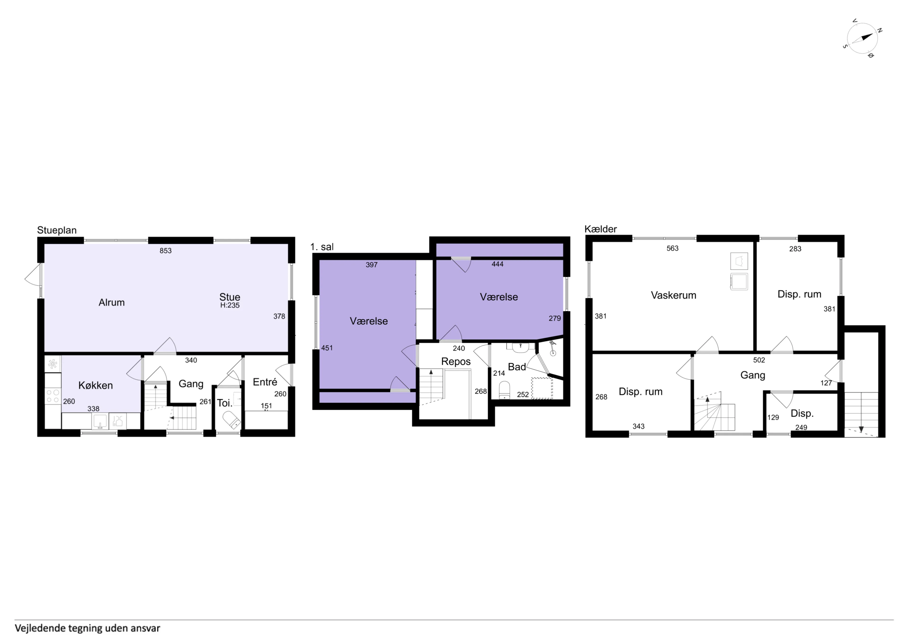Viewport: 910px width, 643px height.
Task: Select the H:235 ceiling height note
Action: (230, 306)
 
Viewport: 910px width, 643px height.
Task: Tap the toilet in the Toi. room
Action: (231, 419)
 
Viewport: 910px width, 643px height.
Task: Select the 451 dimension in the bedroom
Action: (327, 348)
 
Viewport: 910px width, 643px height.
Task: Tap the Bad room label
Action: (517, 367)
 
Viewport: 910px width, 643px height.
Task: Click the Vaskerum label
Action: (673, 295)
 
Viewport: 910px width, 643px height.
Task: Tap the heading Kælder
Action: (601, 229)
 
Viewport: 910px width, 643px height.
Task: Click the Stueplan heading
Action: (57, 230)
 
